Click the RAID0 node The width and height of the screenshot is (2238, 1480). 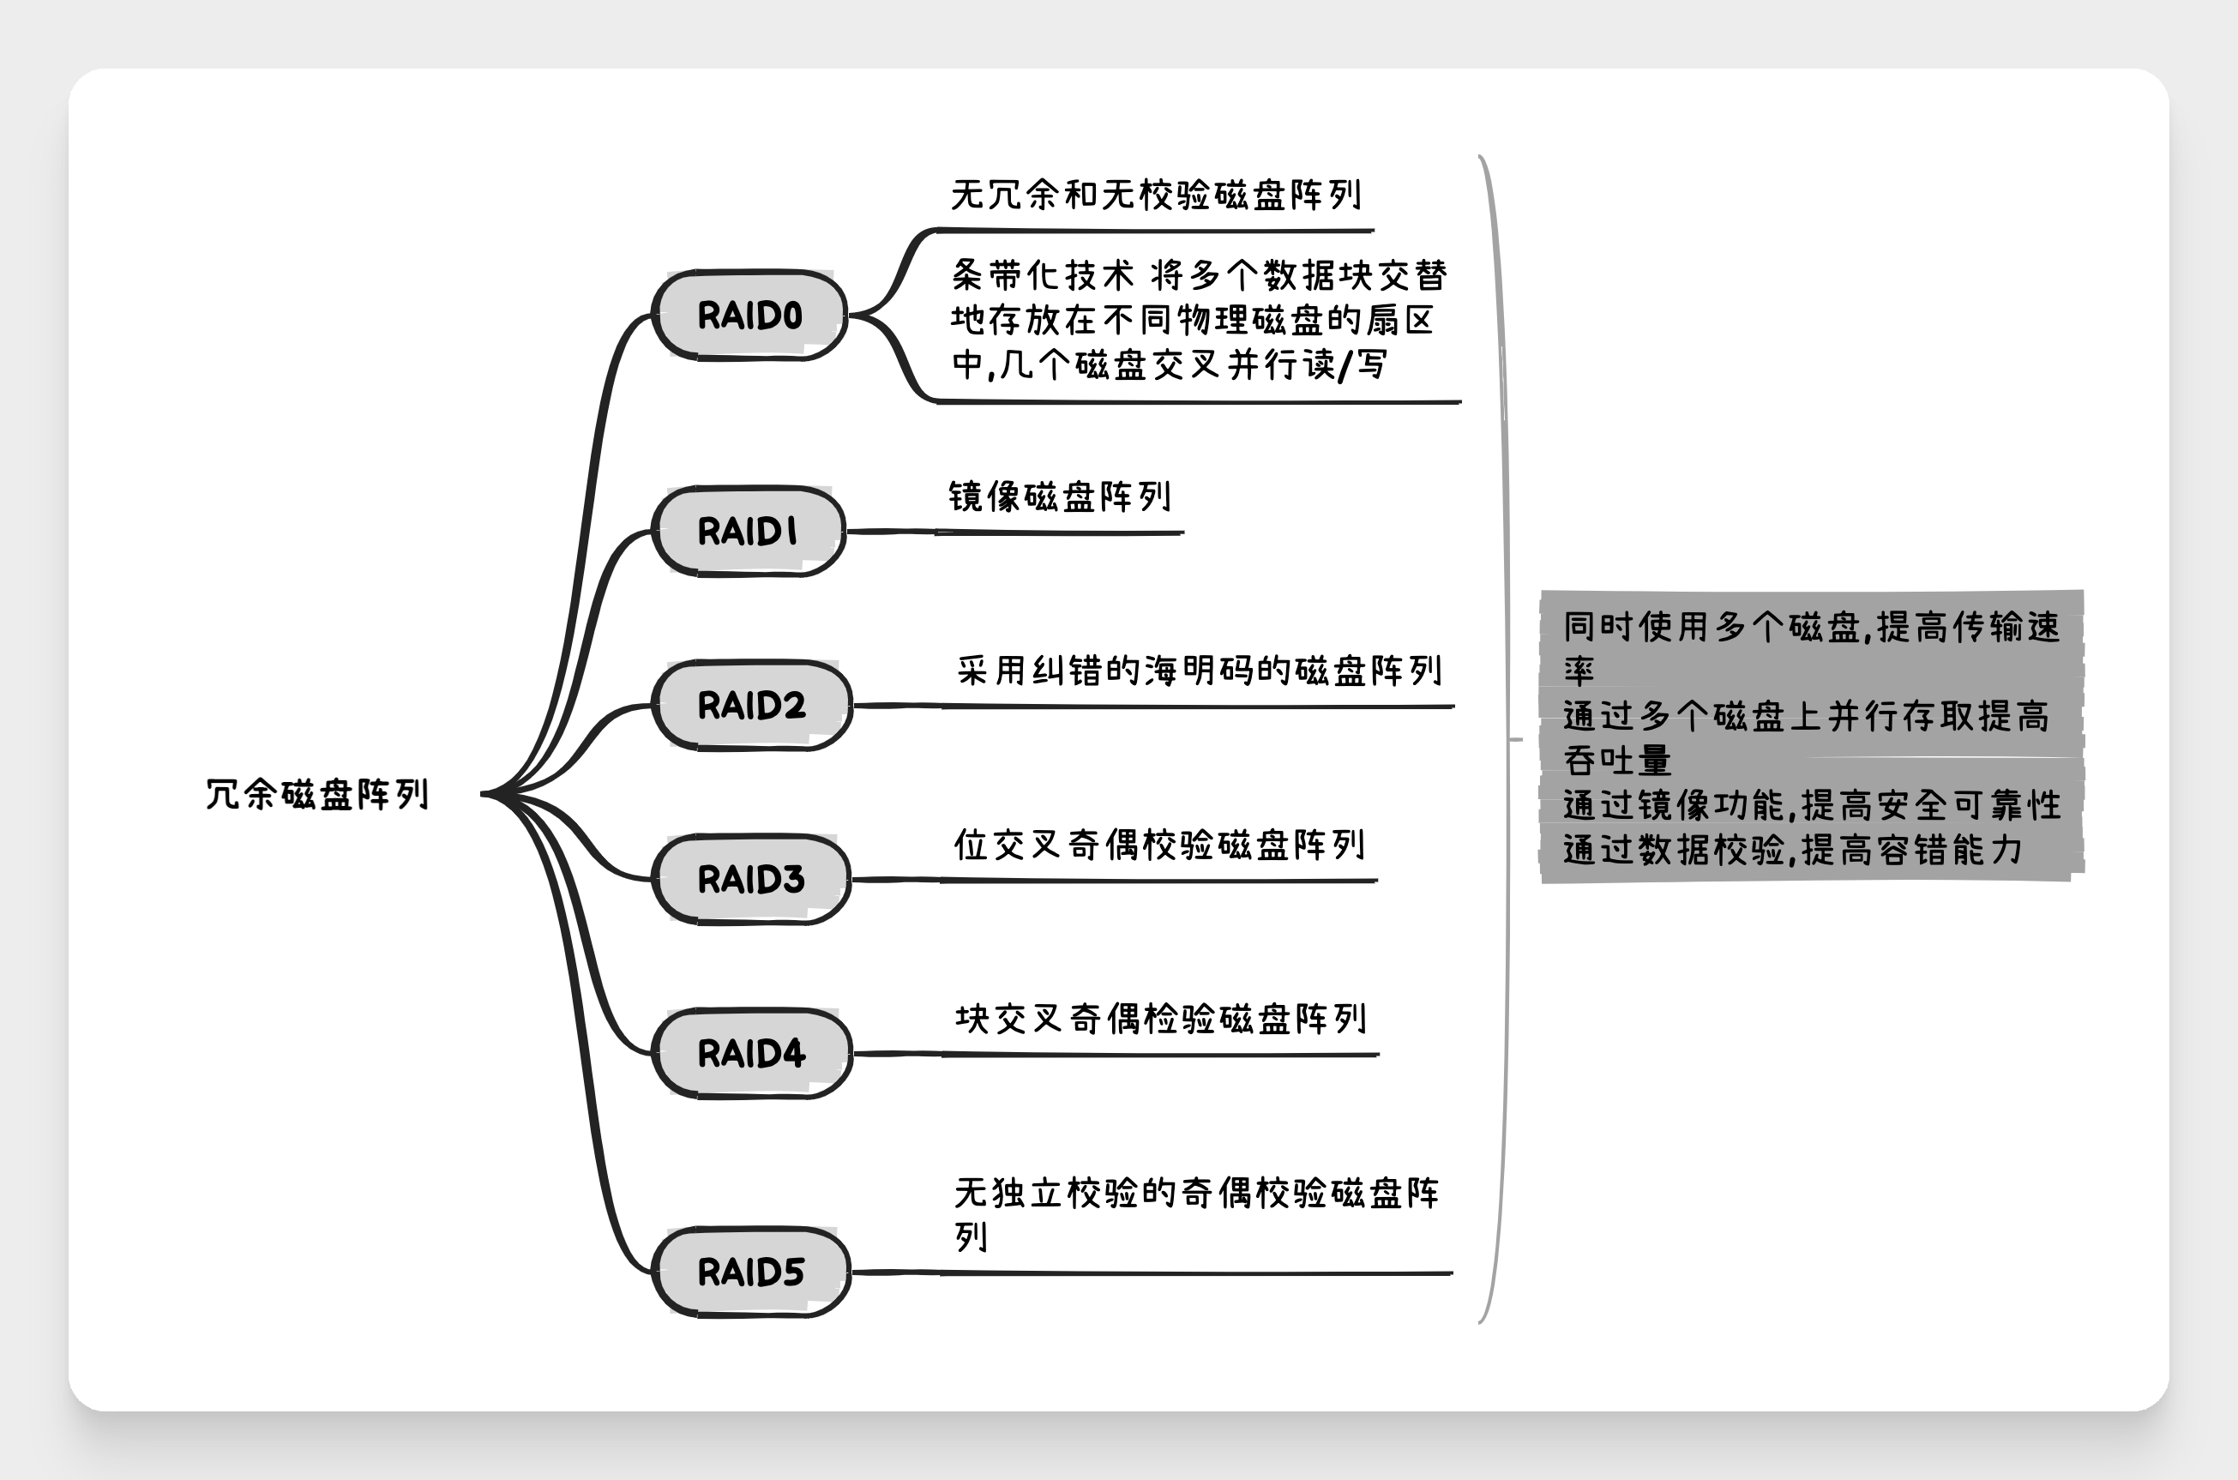pos(749,316)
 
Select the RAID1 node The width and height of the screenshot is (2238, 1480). pos(749,531)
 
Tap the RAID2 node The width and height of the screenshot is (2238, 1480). pos(751,705)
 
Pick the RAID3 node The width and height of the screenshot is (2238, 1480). pos(751,880)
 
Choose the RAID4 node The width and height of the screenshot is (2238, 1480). pos(751,1053)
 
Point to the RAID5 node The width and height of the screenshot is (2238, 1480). pos(751,1272)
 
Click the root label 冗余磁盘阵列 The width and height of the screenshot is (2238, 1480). pos(317,795)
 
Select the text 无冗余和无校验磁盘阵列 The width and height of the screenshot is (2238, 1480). pos(1155,196)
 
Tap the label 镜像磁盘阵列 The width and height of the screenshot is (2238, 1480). pos(1059,496)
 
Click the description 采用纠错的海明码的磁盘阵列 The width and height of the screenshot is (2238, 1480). pos(1199,671)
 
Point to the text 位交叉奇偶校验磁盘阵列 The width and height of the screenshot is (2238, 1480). pos(1159,845)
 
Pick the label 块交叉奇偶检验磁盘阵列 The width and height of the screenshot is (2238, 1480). pos(1160,1019)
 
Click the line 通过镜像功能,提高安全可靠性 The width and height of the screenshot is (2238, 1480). pos(1813,805)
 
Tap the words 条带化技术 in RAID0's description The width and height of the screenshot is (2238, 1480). pos(1042,275)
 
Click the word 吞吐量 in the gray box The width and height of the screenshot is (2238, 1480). pos(1617,760)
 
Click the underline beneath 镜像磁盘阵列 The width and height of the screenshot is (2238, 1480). pos(1059,533)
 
